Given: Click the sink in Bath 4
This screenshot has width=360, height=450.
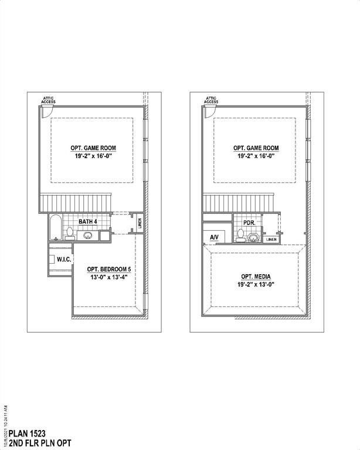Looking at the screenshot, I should coord(88,236).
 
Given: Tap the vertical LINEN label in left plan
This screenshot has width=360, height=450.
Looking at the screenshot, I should coord(140,223).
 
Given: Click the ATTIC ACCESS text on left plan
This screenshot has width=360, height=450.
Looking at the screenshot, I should coord(49,100).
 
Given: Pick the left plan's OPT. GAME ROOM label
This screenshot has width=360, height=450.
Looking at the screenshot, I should coord(93,148).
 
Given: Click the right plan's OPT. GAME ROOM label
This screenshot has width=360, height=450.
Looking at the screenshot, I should coord(256,148).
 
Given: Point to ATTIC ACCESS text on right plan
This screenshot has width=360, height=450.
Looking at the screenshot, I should coord(212,100).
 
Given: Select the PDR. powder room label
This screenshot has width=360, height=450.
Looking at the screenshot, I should coord(250,223).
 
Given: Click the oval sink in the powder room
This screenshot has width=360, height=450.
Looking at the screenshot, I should coord(253,237).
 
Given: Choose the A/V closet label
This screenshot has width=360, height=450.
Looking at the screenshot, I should coord(214,237).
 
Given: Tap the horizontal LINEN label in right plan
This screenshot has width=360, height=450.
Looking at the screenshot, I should coord(271,239).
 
